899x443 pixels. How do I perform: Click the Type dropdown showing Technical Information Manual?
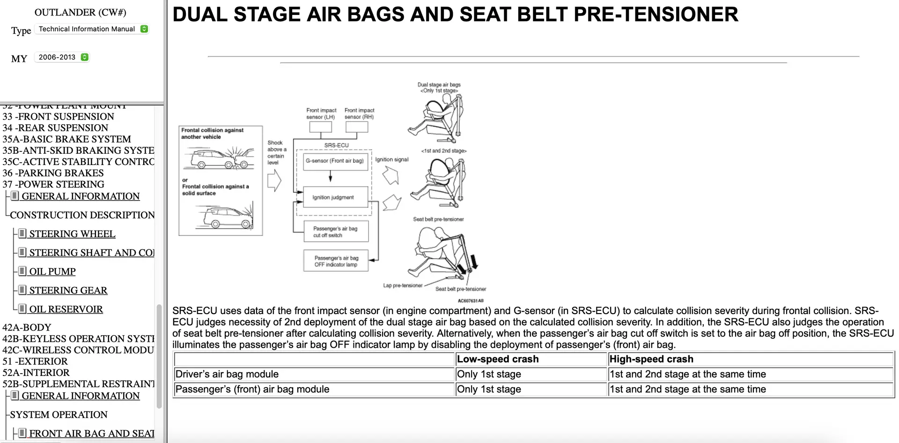coord(92,29)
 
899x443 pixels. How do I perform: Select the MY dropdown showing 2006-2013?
coord(62,57)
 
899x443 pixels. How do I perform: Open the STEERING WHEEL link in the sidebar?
coord(72,234)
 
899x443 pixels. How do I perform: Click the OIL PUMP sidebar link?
coord(52,271)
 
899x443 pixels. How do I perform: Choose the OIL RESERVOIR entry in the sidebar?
coord(66,309)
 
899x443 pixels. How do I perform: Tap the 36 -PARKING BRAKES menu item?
coord(53,173)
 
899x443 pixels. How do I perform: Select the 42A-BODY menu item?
coord(27,327)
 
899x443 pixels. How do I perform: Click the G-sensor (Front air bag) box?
coord(335,161)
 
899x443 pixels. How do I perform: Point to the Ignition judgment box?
coord(333,197)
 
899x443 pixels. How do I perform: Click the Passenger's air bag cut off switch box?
coord(335,232)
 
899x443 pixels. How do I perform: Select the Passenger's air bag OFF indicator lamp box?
coord(336,261)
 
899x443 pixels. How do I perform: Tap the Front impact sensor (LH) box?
coord(321,127)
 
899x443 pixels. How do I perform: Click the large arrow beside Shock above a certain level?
coord(274,180)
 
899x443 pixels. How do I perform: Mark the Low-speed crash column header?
coord(498,359)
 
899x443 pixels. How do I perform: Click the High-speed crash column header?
coord(651,359)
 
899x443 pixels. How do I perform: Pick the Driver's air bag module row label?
coord(227,374)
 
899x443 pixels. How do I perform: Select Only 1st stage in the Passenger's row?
coord(489,389)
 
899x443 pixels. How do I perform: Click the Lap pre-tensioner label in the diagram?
coord(403,285)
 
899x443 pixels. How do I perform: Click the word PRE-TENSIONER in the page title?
coord(656,15)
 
